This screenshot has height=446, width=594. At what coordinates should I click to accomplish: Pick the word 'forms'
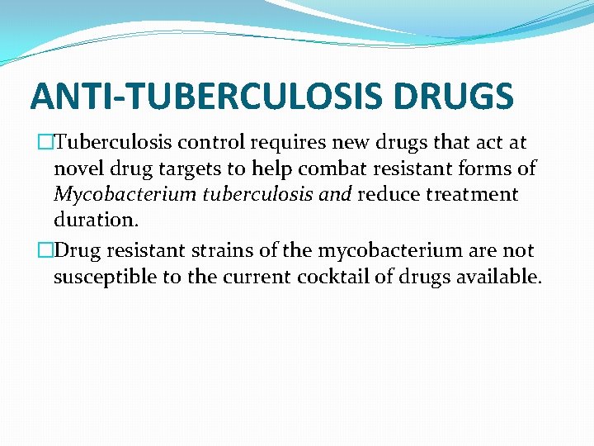(488, 169)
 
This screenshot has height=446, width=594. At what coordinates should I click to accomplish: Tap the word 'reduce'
(388, 196)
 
